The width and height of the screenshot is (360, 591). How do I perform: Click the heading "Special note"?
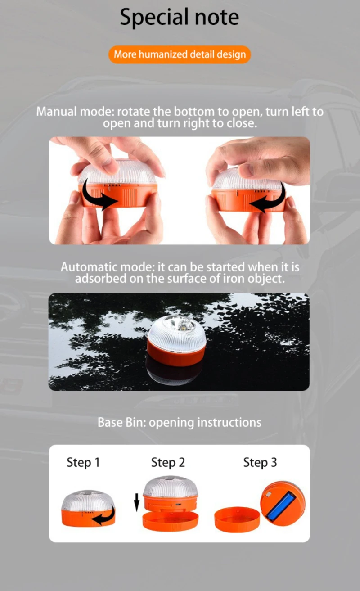point(180,17)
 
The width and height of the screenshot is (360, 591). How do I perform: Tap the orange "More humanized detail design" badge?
point(180,54)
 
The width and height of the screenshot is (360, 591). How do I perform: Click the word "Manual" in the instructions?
point(56,112)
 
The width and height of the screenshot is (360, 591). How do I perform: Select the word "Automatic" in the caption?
point(89,267)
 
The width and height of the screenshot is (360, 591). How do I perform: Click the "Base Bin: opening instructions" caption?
point(180,422)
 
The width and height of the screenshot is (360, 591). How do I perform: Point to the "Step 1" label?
point(83,463)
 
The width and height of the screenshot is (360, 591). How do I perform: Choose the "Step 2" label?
point(168,463)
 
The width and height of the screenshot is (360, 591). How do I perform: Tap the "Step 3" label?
point(260,463)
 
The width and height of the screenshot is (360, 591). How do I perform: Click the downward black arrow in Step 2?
point(137,503)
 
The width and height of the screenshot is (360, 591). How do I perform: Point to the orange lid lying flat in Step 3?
point(237,519)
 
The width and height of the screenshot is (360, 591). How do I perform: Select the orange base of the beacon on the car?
point(176,353)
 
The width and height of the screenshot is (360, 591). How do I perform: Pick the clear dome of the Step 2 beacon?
point(171,486)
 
